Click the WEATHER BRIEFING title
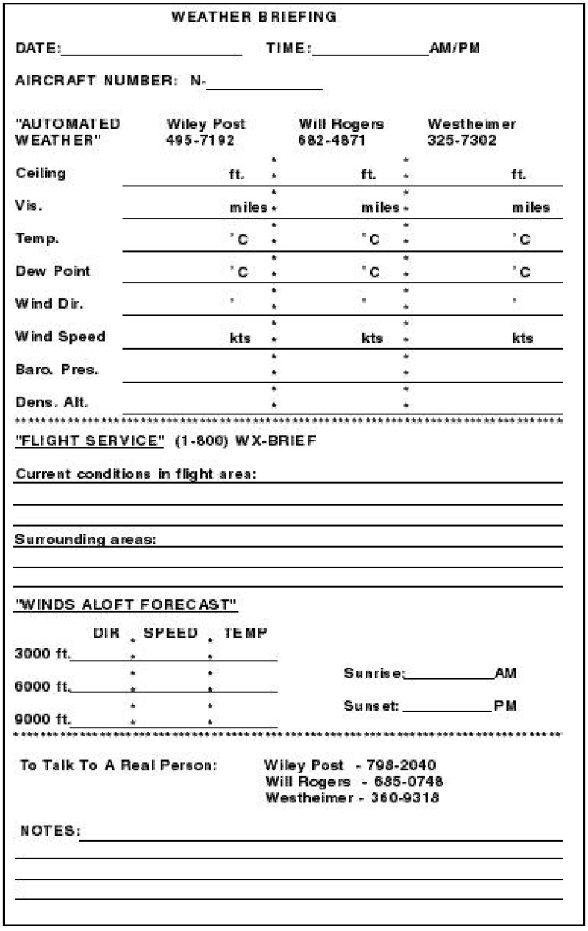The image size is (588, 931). click(x=253, y=17)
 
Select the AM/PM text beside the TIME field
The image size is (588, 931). click(x=455, y=49)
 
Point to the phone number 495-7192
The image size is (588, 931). click(x=201, y=140)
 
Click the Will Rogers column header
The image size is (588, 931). click(x=341, y=124)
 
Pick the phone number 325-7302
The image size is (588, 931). click(x=462, y=140)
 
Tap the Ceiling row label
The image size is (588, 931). click(x=41, y=173)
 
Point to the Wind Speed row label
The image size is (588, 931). click(x=60, y=337)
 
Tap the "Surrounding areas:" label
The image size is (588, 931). click(x=85, y=540)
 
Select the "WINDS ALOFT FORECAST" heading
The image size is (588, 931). click(x=126, y=604)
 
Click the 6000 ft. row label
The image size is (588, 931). click(x=42, y=686)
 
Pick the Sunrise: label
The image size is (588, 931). click(x=373, y=674)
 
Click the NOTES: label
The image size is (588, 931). click(x=49, y=832)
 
